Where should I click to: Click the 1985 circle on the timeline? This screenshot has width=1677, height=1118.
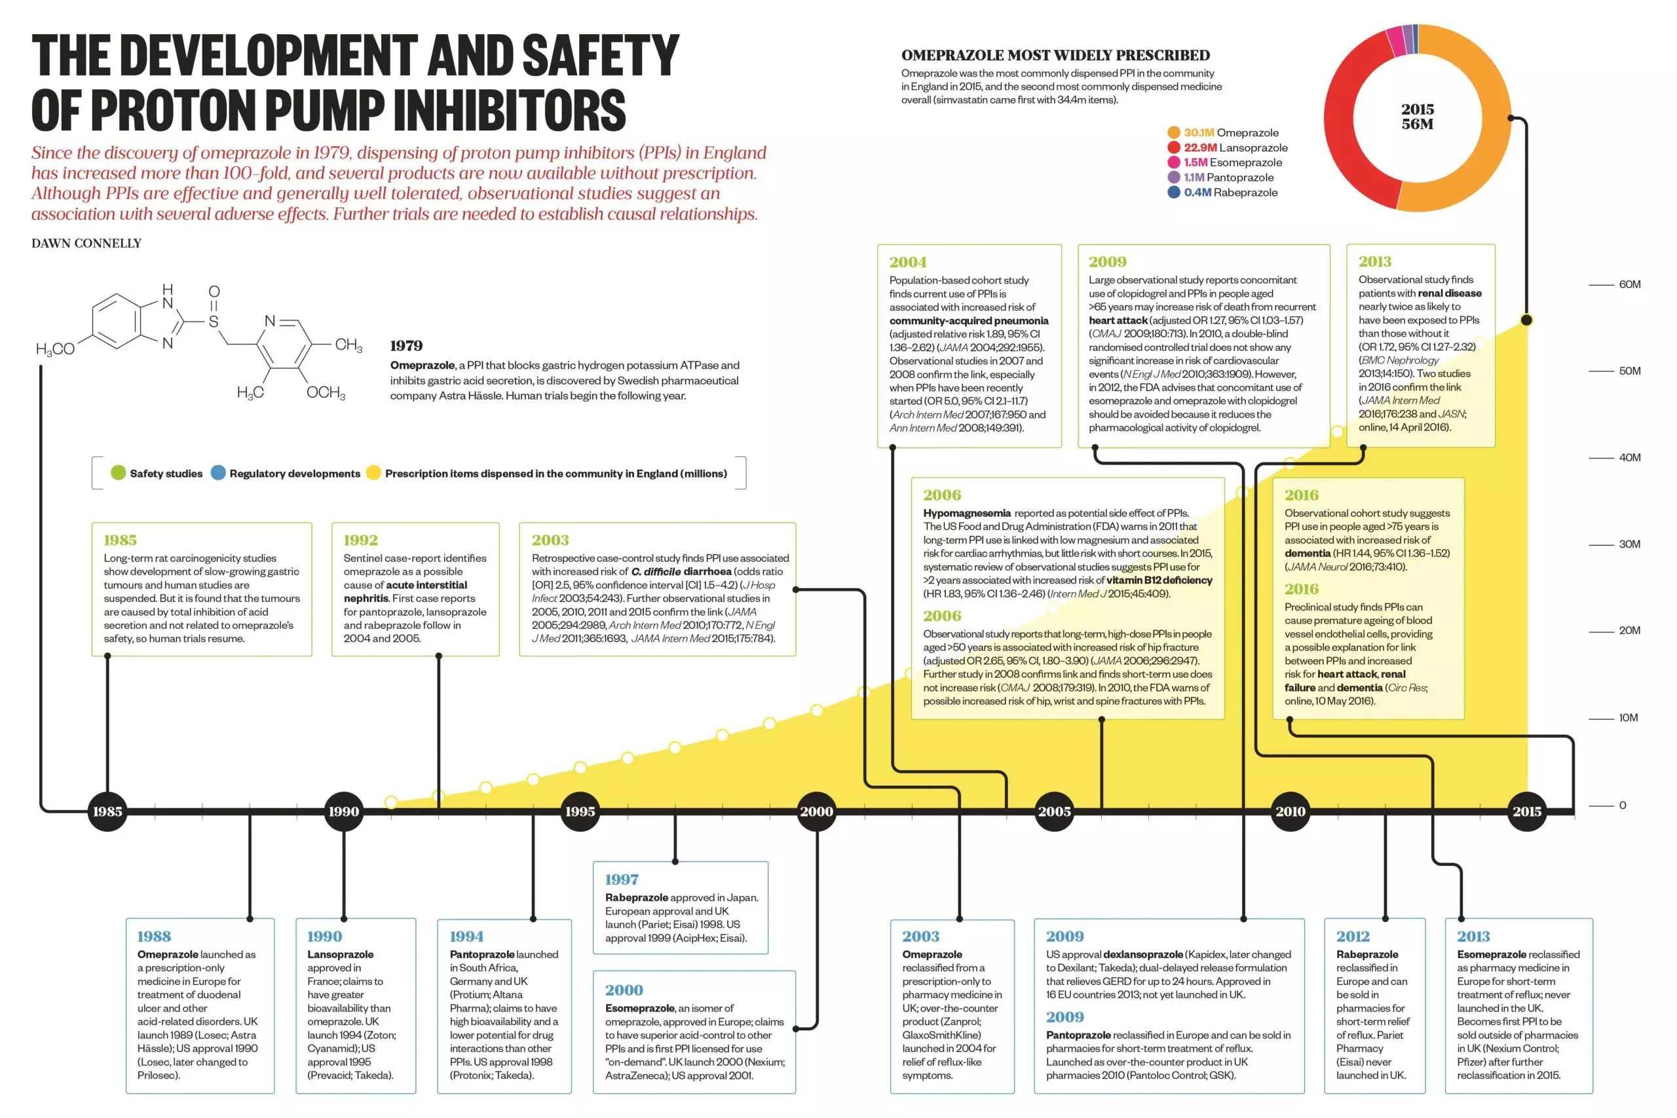tap(107, 811)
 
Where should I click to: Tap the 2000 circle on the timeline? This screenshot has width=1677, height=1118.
tap(816, 811)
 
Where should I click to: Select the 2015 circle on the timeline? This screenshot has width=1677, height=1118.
tap(1526, 811)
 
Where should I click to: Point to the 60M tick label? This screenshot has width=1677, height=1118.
tap(1629, 284)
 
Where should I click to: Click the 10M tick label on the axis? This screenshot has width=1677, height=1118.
tap(1628, 717)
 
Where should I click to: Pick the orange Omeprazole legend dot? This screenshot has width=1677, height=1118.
tap(1174, 132)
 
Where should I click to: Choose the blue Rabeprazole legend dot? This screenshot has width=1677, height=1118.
tap(1174, 193)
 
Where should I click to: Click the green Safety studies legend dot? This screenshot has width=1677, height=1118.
tap(119, 473)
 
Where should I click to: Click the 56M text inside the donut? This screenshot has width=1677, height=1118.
tap(1417, 124)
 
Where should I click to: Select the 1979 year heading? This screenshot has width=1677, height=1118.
tap(405, 346)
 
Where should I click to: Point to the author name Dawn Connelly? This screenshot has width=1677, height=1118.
tap(86, 243)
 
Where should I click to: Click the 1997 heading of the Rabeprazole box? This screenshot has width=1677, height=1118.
tap(621, 879)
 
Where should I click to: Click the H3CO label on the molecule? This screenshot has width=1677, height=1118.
tap(55, 348)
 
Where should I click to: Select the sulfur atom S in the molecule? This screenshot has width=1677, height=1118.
tap(213, 322)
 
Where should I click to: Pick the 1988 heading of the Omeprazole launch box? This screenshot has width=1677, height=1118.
tap(154, 936)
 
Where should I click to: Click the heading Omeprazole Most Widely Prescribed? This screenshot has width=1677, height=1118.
tap(1055, 55)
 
